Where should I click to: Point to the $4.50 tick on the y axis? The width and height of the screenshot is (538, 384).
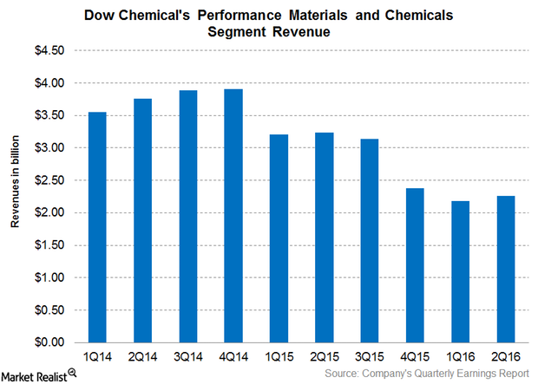(x=50, y=50)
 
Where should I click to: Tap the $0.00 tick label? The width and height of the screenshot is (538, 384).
(x=50, y=342)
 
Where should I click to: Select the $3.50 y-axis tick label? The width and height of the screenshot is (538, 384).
(x=50, y=115)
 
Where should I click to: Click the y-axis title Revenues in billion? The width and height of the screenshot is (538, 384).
(x=16, y=196)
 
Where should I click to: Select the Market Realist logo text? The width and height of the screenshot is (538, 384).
(x=34, y=374)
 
